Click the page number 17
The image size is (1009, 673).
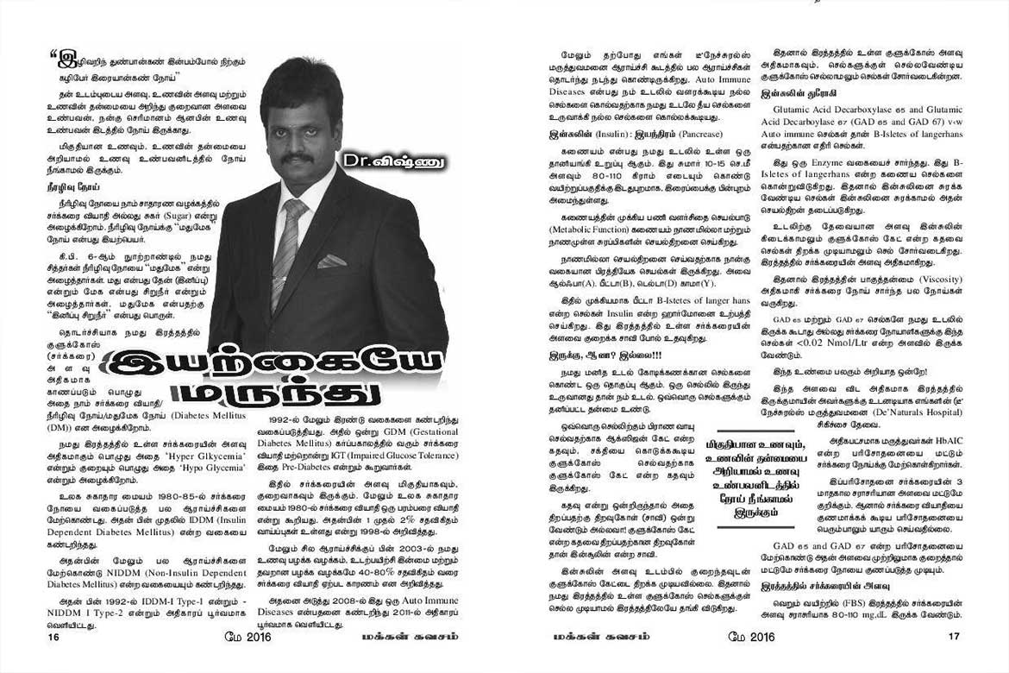954,638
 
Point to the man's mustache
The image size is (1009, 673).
297,159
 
